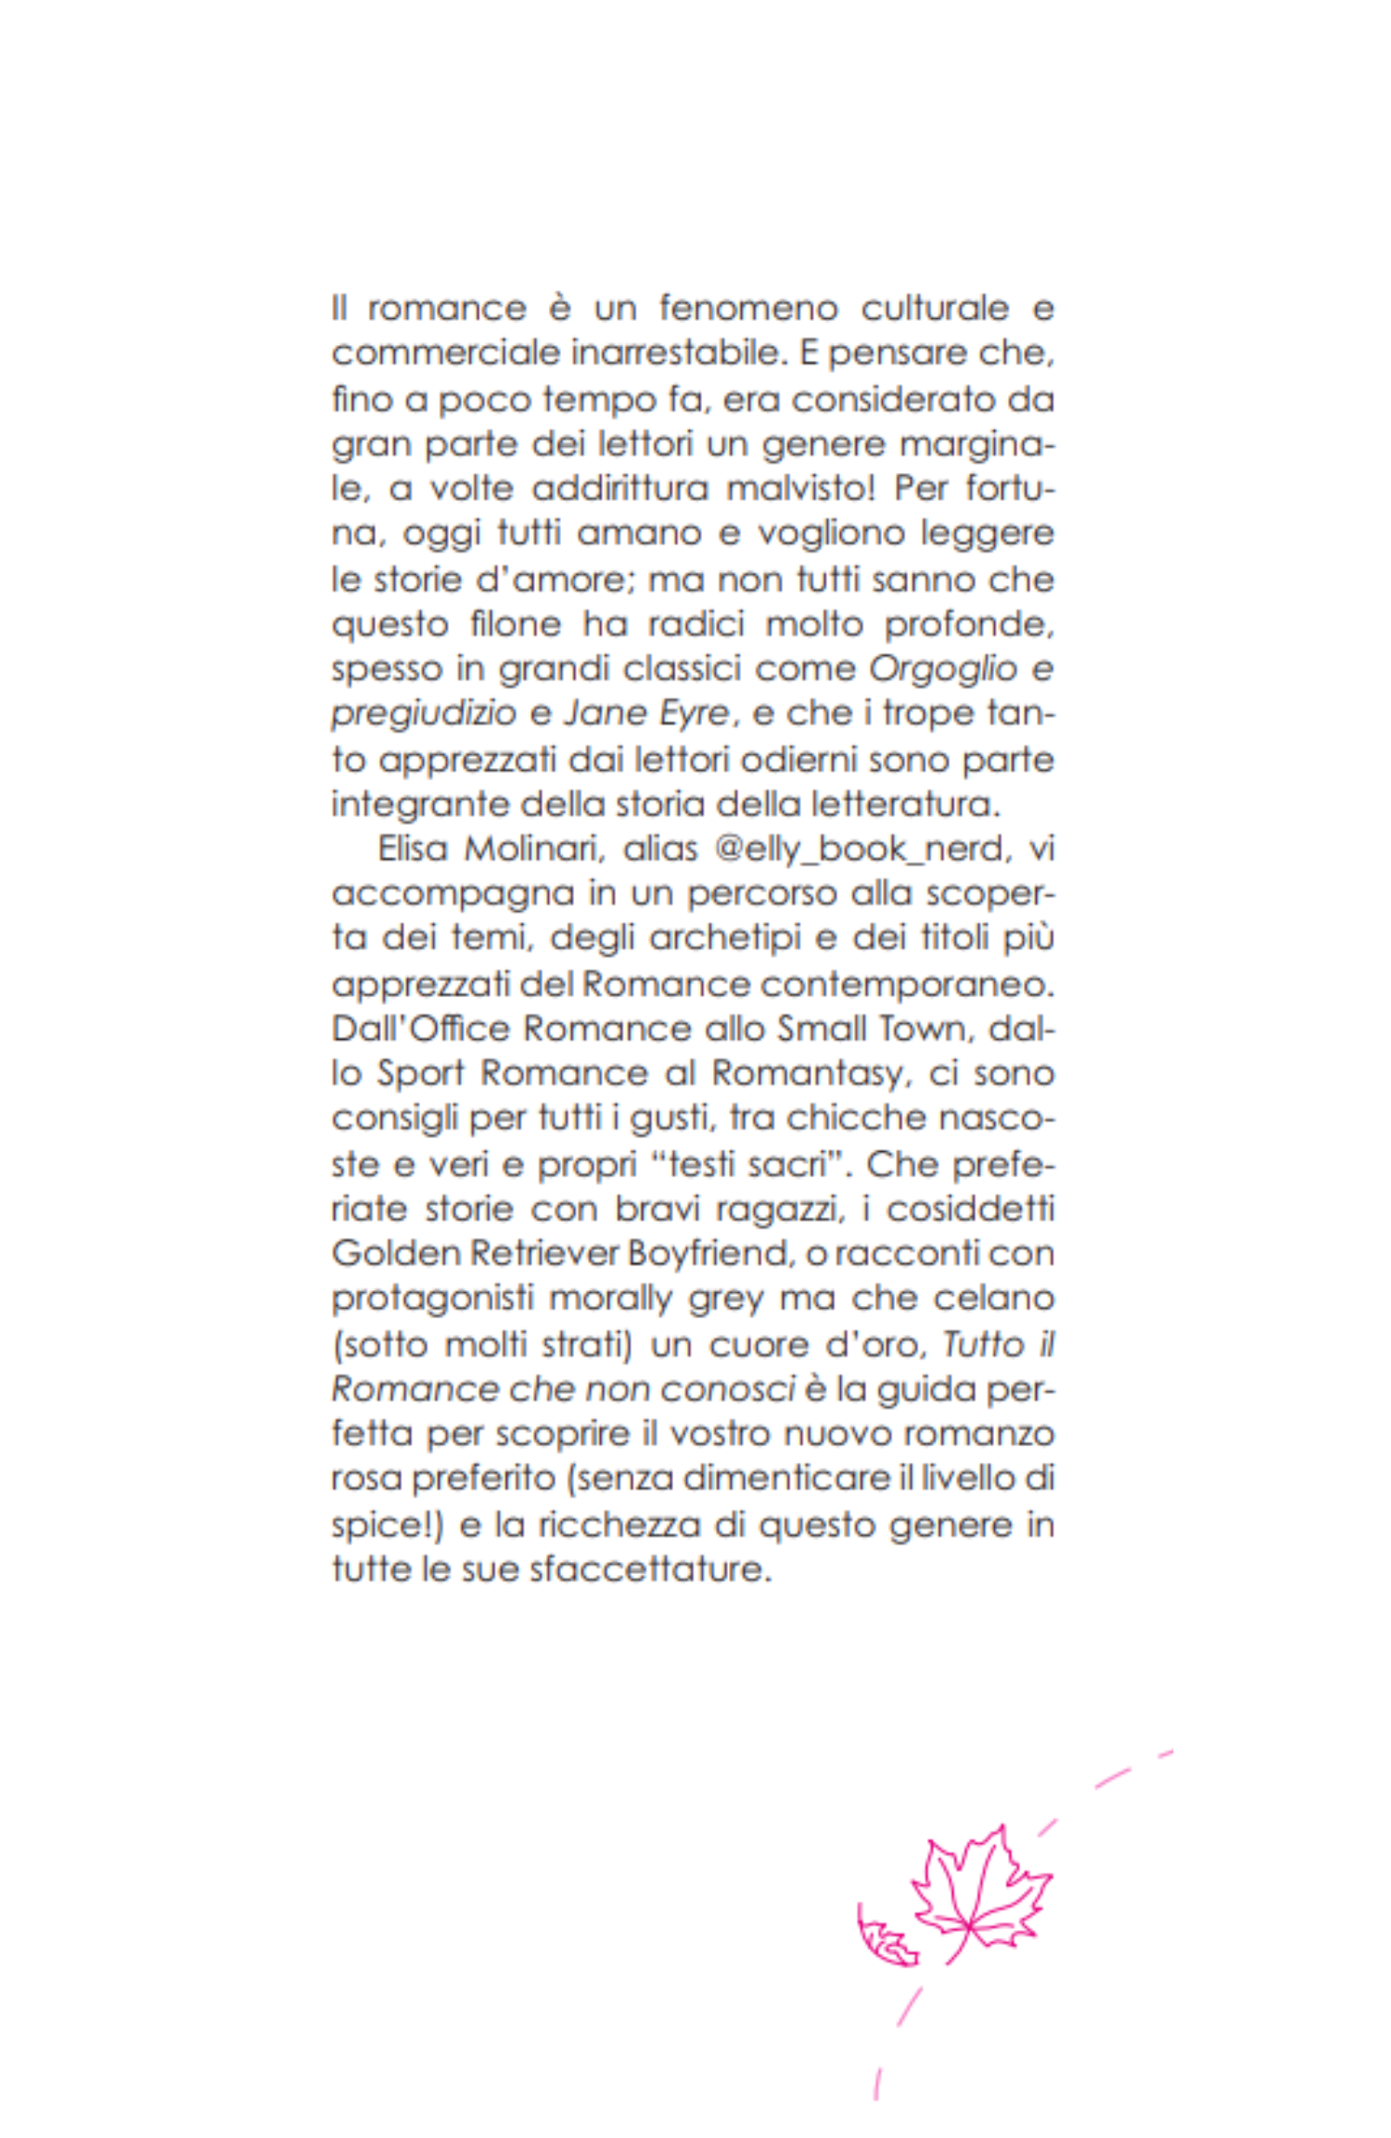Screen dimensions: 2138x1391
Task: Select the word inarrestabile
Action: point(688,353)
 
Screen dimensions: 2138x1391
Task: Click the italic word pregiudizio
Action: point(423,714)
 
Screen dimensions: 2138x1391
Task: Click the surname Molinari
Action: point(533,849)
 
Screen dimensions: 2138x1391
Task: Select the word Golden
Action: point(395,1254)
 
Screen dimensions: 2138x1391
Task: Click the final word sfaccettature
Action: point(651,1569)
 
